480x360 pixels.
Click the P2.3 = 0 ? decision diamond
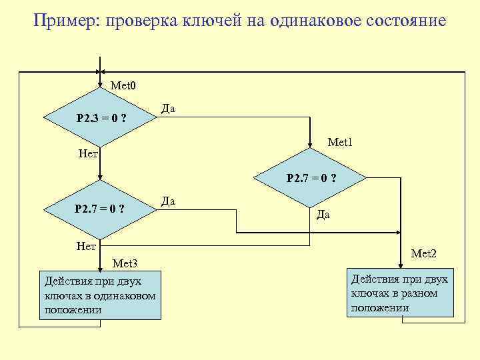click(100, 117)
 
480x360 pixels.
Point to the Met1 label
click(340, 142)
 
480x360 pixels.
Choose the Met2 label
click(424, 253)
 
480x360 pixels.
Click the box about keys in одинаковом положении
click(100, 295)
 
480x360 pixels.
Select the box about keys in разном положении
click(400, 292)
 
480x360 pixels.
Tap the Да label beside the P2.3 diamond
click(168, 109)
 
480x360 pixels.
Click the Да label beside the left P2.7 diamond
click(168, 201)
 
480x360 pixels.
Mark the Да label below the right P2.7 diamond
click(323, 215)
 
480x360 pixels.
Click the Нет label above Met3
click(87, 246)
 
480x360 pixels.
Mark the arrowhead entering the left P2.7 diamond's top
click(100, 178)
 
